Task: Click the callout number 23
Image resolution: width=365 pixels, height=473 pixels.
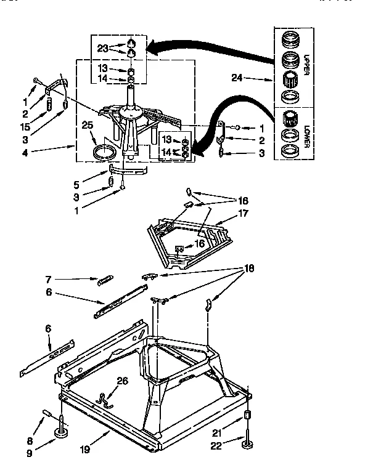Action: (x=102, y=47)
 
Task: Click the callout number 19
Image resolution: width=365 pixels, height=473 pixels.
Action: (x=85, y=450)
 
